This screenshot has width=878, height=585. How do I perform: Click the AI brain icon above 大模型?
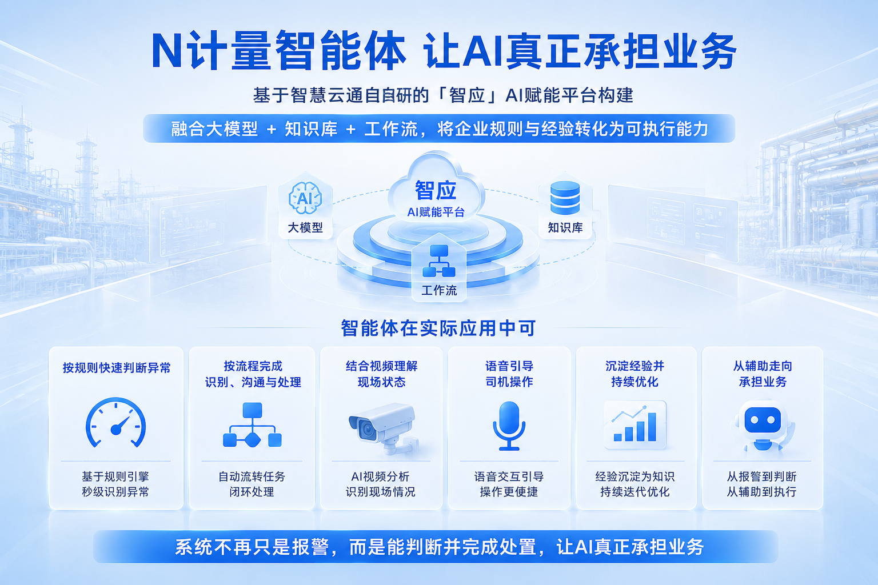point(305,198)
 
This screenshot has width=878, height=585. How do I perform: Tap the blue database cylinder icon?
point(565,198)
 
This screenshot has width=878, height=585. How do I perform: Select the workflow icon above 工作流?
point(439,261)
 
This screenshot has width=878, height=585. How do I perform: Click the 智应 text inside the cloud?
point(436,190)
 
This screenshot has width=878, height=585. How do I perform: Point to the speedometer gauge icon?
point(115,423)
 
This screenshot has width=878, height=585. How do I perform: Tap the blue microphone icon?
point(509,426)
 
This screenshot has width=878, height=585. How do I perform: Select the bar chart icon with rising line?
point(635,424)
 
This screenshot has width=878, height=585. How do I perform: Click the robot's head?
point(763,420)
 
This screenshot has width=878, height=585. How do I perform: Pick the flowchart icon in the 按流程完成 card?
point(253,425)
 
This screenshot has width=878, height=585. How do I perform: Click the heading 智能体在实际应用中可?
point(438,328)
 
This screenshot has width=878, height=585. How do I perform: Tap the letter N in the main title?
point(166,50)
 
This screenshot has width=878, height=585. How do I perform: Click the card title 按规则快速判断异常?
point(117,368)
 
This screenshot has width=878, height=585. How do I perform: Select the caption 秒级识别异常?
point(115,492)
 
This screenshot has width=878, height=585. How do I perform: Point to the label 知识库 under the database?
point(565,227)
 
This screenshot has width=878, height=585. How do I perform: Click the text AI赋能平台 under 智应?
point(436,213)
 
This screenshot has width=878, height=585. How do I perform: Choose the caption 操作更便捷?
point(509,492)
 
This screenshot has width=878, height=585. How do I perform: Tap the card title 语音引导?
point(509,366)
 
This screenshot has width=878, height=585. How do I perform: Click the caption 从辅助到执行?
point(761,492)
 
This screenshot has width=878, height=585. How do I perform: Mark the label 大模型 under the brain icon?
point(305,227)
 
